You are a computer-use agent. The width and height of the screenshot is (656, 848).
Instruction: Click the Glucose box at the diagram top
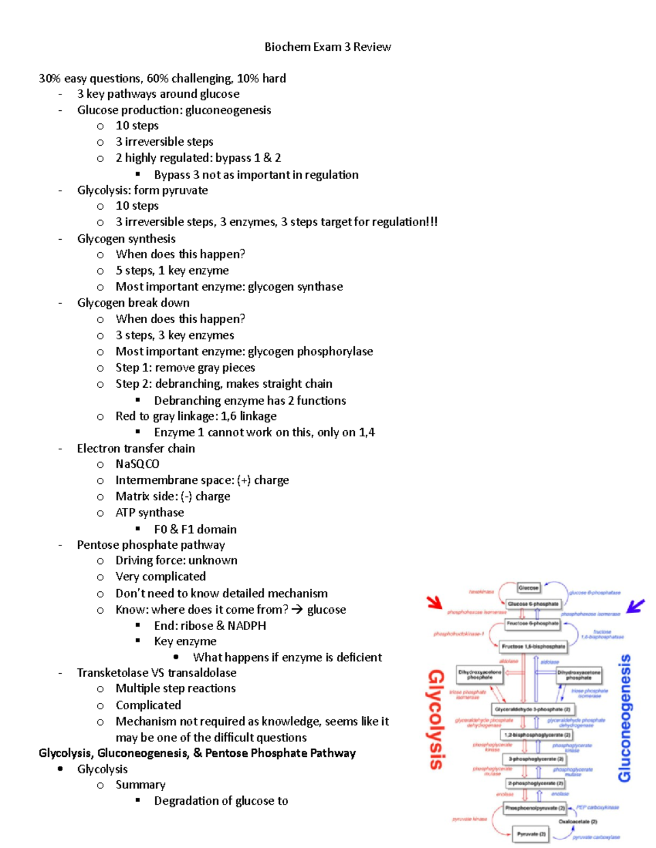tap(528, 588)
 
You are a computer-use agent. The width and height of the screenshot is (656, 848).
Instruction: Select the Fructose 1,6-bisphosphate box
tap(534, 647)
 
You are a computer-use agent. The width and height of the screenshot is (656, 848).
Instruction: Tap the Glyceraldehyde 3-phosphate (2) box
tap(532, 709)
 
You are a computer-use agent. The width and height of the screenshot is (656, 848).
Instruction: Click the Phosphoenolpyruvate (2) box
tap(535, 808)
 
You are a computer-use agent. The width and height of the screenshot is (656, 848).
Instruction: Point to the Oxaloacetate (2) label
tap(578, 821)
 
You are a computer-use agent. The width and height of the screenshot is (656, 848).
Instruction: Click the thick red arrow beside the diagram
tap(435, 602)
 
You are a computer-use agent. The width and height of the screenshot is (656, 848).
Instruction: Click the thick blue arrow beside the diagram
tap(635, 606)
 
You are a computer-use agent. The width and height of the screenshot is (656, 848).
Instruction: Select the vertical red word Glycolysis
tap(436, 719)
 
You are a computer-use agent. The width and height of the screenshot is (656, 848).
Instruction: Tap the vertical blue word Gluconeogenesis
tap(624, 718)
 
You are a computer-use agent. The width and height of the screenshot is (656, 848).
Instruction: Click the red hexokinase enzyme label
tap(481, 592)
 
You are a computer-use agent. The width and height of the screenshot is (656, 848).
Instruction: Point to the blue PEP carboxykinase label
tap(598, 807)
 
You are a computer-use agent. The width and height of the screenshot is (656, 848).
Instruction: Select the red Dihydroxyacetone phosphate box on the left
tap(479, 675)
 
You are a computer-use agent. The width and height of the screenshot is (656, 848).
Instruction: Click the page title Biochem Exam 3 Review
tap(327, 47)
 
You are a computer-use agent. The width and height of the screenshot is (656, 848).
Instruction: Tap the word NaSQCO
tap(137, 464)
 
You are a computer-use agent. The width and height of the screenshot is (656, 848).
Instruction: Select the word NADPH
tap(247, 626)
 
